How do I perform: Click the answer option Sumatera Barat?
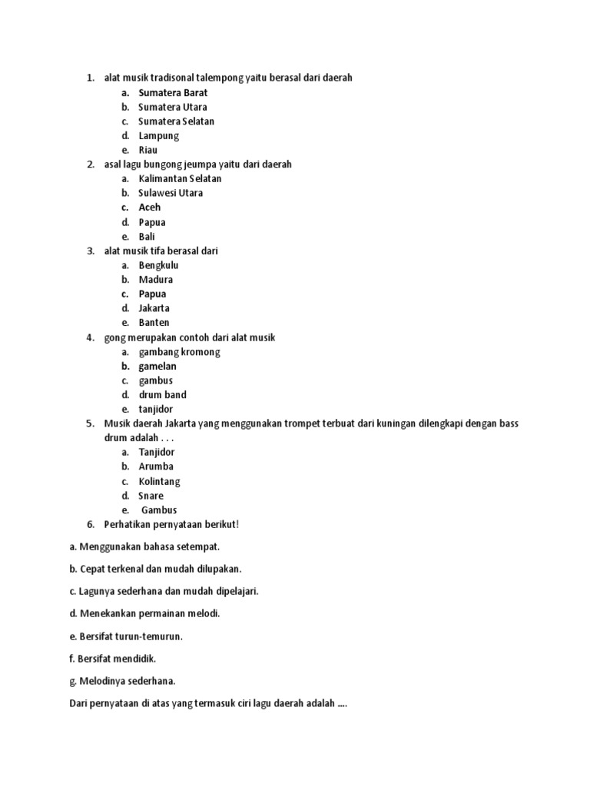pyautogui.click(x=173, y=93)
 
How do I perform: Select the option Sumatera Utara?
pyautogui.click(x=172, y=107)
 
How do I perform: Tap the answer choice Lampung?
pyautogui.click(x=158, y=136)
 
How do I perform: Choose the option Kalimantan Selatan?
pyautogui.click(x=180, y=179)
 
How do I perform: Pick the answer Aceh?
pyautogui.click(x=150, y=208)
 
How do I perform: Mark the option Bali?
pyautogui.click(x=147, y=237)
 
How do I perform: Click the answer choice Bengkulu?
pyautogui.click(x=158, y=265)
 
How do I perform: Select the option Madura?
pyautogui.click(x=155, y=280)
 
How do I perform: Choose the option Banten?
pyautogui.click(x=154, y=323)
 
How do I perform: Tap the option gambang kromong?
pyautogui.click(x=179, y=352)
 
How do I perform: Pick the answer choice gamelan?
pyautogui.click(x=157, y=367)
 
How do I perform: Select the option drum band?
pyautogui.click(x=162, y=395)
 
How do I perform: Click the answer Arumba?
pyautogui.click(x=156, y=467)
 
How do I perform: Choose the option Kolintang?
pyautogui.click(x=159, y=482)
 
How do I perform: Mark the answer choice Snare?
pyautogui.click(x=151, y=496)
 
